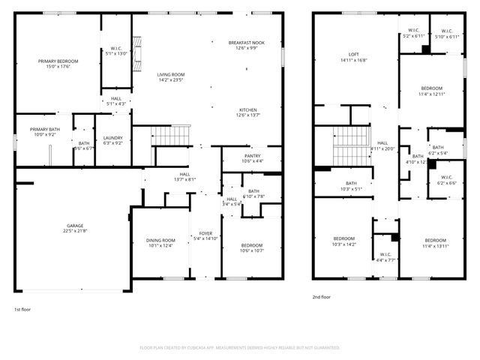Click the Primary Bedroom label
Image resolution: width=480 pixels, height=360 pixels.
pos(58,60)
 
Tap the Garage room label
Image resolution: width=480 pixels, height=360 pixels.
pos(75,225)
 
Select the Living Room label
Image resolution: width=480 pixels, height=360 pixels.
pos(172,74)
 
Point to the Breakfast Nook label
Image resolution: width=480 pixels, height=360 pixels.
pos(248,43)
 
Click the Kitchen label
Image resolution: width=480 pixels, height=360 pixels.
pos(248,109)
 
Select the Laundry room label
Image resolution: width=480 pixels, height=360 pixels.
pos(113,137)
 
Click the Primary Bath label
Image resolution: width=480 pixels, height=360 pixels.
pos(44,129)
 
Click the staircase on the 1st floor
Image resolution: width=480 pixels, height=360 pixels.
pos(170,136)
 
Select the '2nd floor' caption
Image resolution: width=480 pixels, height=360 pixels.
pos(321,297)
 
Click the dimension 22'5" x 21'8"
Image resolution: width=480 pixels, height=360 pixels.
pos(75,230)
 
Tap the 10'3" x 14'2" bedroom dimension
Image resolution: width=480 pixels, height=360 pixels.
pos(343,244)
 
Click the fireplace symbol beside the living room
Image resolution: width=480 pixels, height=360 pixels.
pos(136,55)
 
